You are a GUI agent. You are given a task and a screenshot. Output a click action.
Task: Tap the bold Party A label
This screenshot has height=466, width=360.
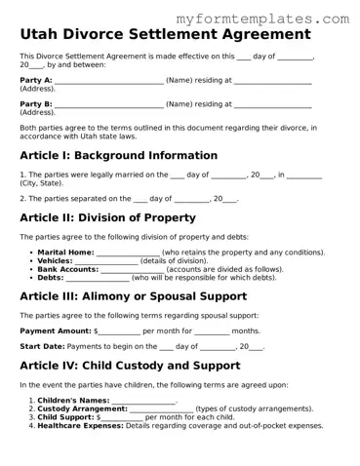pos(36,80)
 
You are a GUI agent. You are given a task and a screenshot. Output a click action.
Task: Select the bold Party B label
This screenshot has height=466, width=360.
pos(36,103)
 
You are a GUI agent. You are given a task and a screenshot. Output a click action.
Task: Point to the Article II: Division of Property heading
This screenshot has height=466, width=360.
pos(107,217)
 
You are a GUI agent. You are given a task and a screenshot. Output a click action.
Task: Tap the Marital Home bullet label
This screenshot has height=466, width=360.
pos(66,252)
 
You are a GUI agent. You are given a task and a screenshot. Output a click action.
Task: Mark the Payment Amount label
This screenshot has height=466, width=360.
pos(55,330)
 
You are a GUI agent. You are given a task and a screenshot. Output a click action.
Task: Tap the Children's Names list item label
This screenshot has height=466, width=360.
pos(73,401)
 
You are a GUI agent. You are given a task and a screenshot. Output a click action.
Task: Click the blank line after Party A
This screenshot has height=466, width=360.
pos(109,81)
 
